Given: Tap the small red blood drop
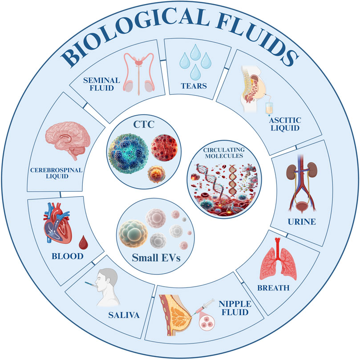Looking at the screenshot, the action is coord(83,243).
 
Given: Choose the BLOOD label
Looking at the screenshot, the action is coord(67,256).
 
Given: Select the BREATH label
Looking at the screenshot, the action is coord(273,288).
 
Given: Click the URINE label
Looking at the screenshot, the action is coord(304,221).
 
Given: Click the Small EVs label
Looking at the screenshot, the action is coord(150,257).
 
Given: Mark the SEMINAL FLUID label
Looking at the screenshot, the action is coord(104,83).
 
